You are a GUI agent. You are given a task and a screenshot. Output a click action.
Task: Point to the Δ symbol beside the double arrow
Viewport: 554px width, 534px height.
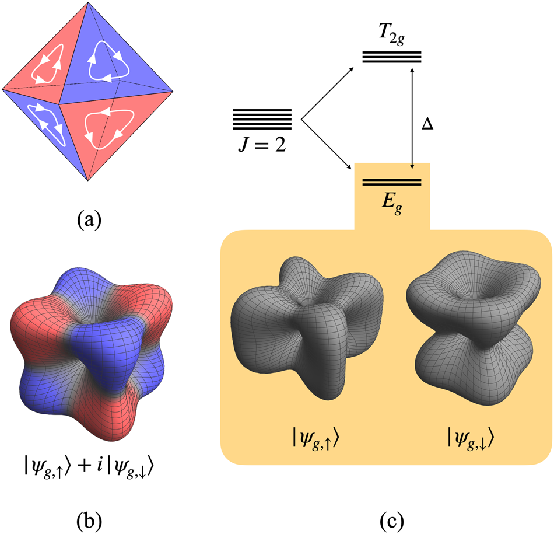[x=427, y=125]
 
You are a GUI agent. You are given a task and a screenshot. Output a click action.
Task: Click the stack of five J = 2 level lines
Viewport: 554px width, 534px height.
[x=262, y=119]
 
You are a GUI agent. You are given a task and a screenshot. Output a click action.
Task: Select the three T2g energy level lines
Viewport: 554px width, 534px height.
[x=391, y=57]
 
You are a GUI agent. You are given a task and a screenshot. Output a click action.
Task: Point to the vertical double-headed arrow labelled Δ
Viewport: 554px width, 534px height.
[x=412, y=117]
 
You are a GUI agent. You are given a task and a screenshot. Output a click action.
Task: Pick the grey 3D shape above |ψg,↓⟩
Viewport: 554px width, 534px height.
[x=469, y=330]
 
